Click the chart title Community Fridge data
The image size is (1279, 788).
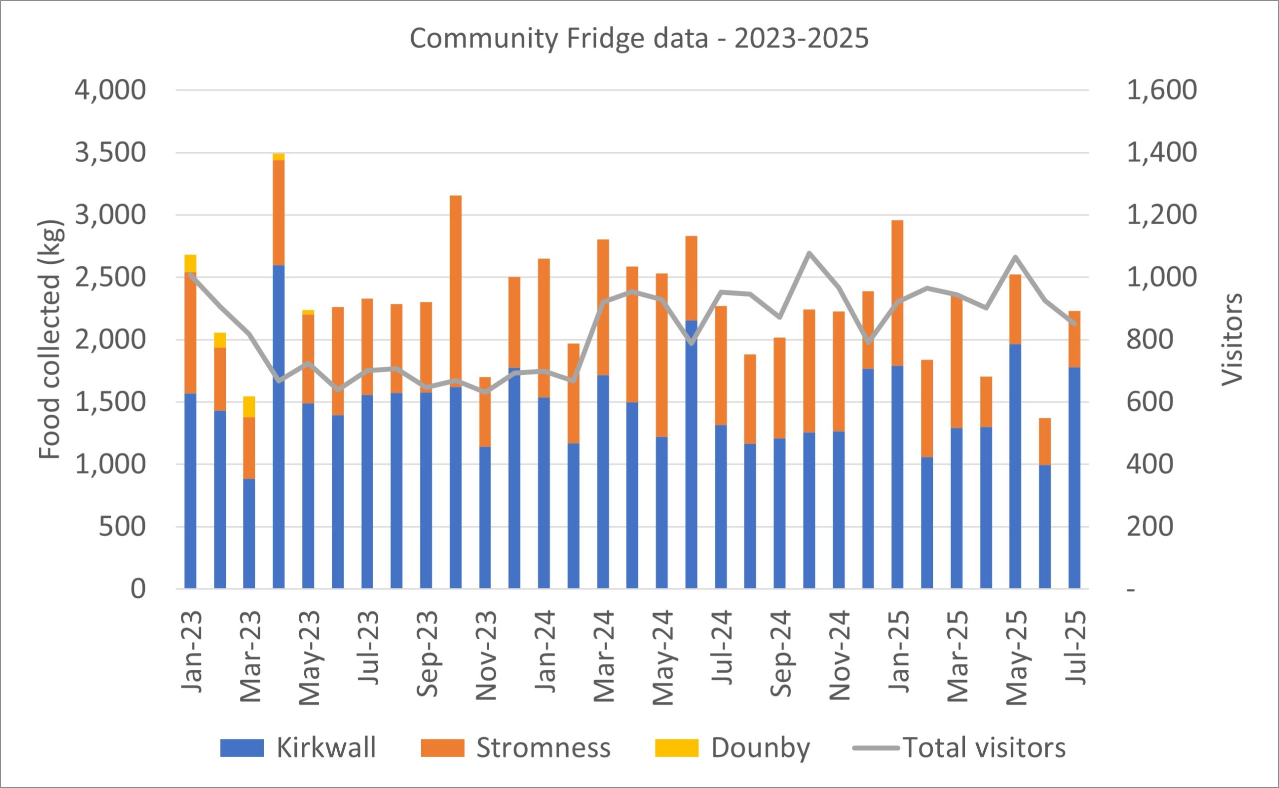(x=639, y=38)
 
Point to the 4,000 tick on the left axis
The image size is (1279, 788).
(x=110, y=90)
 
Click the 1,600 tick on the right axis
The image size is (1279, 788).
(x=1162, y=90)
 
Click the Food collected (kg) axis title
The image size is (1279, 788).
(x=50, y=340)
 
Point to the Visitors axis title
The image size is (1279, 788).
(x=1232, y=340)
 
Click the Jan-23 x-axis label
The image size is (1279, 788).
(x=191, y=651)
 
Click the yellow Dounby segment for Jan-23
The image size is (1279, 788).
(x=190, y=263)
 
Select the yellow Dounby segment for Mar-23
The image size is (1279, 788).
(x=249, y=406)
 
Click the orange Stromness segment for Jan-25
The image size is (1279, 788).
(x=897, y=293)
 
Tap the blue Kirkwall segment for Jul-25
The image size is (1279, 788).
(x=1074, y=478)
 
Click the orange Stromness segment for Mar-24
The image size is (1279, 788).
(x=603, y=307)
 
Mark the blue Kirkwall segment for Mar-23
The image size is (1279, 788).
(x=249, y=533)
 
